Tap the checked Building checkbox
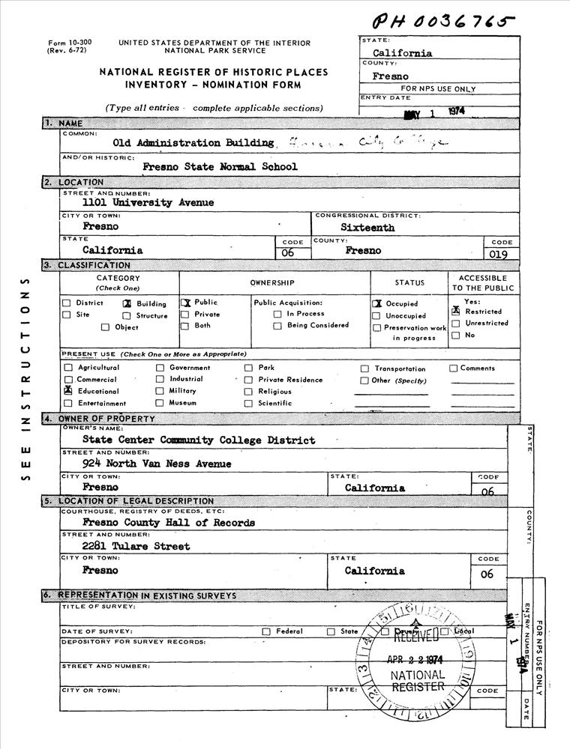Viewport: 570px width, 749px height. click(x=127, y=304)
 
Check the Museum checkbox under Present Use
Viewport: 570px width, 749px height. click(x=160, y=403)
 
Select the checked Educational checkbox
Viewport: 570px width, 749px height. click(x=68, y=391)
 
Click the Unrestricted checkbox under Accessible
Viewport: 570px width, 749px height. click(x=455, y=324)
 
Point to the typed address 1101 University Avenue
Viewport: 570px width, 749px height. click(x=148, y=202)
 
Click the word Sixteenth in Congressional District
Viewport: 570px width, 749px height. click(x=367, y=227)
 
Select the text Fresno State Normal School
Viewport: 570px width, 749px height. click(x=220, y=167)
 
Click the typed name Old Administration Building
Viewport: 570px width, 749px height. click(x=193, y=142)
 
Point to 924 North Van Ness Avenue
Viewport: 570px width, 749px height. click(x=157, y=464)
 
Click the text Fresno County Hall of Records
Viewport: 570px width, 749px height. click(x=169, y=523)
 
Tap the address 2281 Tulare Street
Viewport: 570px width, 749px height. click(x=136, y=546)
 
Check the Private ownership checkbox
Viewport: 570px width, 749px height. click(x=184, y=315)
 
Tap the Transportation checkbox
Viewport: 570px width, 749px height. click(x=364, y=369)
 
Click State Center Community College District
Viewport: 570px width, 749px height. click(x=199, y=440)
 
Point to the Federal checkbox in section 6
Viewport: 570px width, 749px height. click(x=266, y=631)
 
